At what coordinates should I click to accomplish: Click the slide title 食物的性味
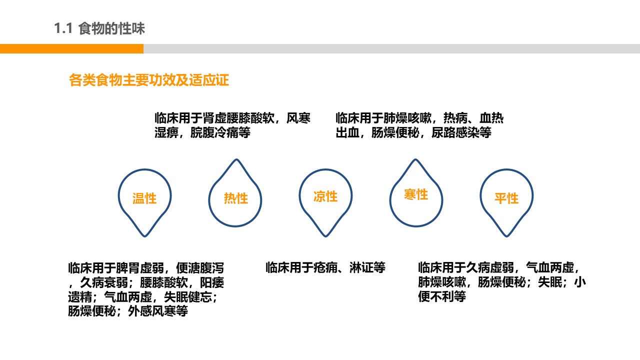(111, 28)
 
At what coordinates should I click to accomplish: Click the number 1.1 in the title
(63, 28)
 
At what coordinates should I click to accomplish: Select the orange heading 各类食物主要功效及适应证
(149, 80)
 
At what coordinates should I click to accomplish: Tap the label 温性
(144, 198)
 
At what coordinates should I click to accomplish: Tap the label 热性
(235, 198)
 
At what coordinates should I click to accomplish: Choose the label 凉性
(325, 196)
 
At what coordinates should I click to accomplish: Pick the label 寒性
(416, 194)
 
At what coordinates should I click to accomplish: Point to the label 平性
(506, 198)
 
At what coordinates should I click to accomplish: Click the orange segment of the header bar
(71, 48)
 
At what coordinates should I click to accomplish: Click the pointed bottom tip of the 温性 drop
(145, 236)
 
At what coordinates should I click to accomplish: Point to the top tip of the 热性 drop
(236, 159)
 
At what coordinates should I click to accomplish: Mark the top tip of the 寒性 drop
(415, 159)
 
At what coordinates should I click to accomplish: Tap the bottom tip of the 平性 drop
(506, 236)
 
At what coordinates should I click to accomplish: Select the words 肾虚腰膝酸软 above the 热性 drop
(238, 118)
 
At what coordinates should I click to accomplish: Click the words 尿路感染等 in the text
(461, 132)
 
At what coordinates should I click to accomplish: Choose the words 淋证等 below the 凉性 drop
(367, 267)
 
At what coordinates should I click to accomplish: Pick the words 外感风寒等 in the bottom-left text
(158, 311)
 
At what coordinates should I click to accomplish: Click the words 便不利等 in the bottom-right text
(442, 296)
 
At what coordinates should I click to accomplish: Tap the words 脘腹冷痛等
(220, 132)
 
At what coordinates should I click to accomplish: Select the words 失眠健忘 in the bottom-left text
(188, 297)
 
